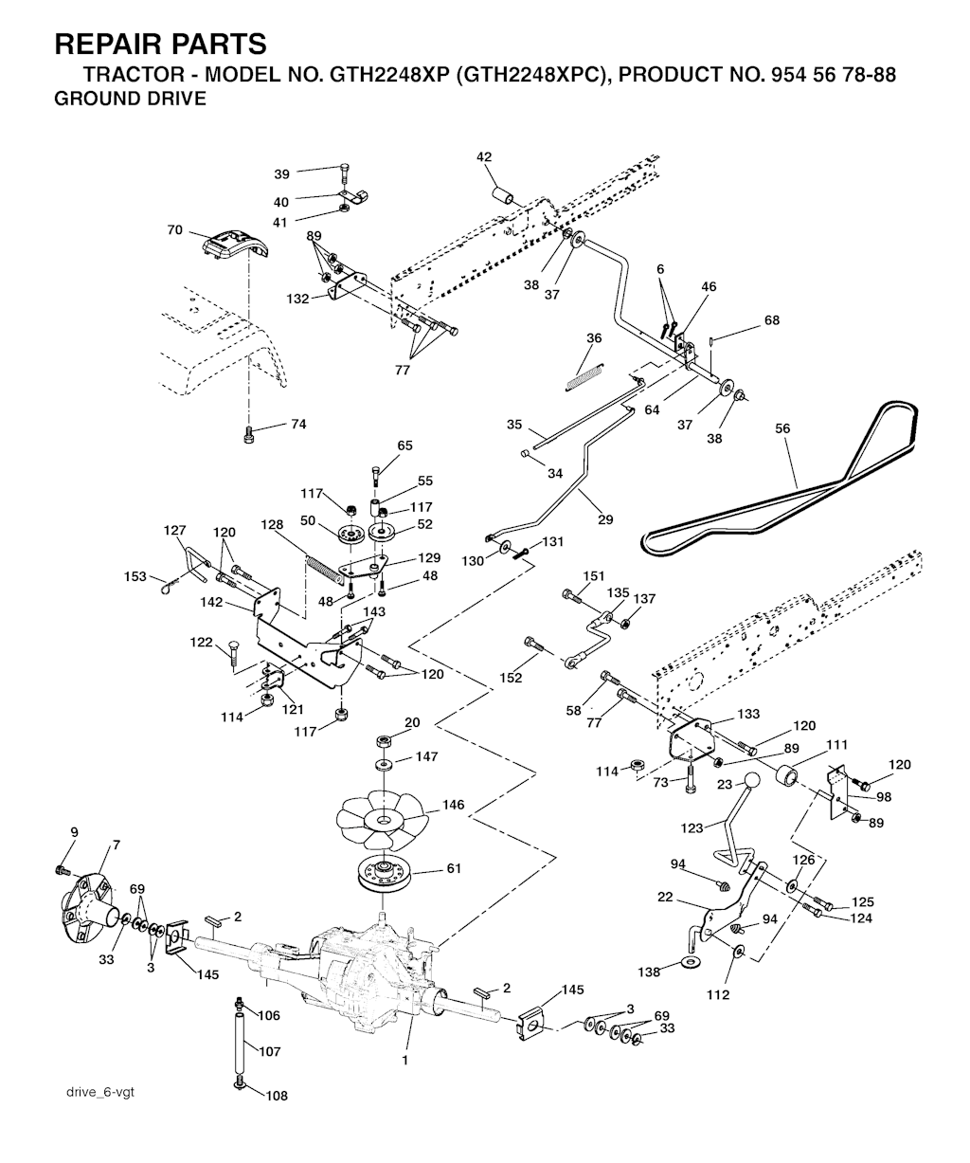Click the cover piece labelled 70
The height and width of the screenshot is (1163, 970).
234,245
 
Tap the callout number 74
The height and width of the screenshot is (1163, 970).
297,425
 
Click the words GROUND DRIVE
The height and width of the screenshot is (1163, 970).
130,99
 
